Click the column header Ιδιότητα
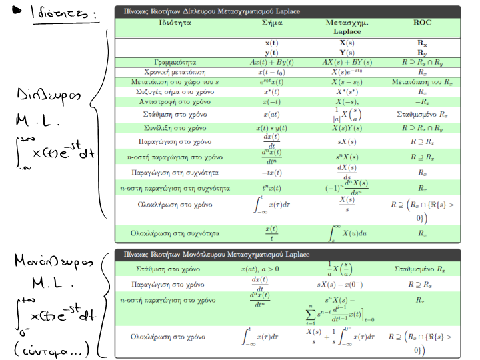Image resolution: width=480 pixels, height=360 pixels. click(175, 22)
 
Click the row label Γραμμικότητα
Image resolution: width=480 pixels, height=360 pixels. click(175, 61)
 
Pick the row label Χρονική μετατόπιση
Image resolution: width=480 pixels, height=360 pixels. click(175, 71)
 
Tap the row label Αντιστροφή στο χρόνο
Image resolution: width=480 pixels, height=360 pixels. click(175, 101)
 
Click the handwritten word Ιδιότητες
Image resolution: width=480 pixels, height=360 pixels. click(63, 14)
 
